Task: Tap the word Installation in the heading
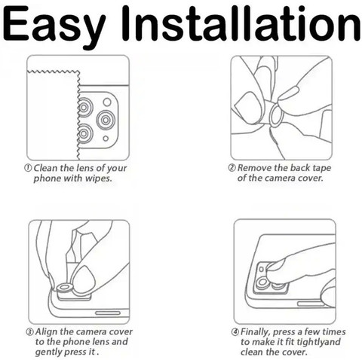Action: [241, 23]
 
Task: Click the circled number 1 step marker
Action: [28, 168]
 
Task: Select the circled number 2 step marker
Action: [232, 167]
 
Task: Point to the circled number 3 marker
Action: [29, 332]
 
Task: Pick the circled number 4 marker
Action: [235, 332]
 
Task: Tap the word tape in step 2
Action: [321, 169]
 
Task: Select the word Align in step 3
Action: [47, 332]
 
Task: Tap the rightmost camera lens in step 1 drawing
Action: [106, 120]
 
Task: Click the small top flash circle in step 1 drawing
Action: [107, 102]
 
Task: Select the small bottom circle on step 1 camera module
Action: [106, 139]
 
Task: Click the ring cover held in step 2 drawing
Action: [277, 114]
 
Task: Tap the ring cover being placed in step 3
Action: [65, 288]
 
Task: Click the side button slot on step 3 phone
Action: [108, 313]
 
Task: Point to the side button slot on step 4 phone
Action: [311, 304]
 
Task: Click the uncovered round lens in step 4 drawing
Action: [262, 282]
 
